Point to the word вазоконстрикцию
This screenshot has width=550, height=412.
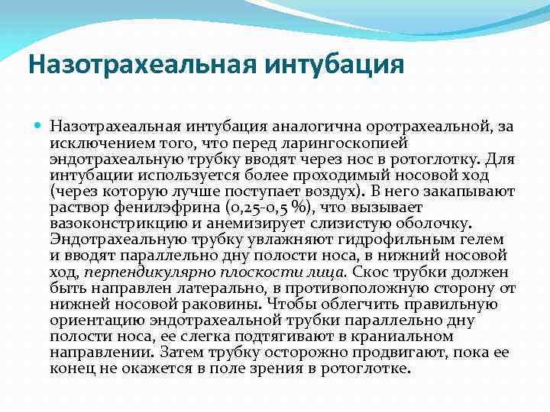[109, 223]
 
